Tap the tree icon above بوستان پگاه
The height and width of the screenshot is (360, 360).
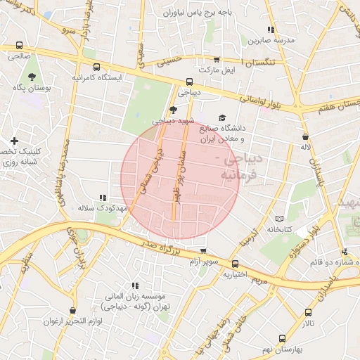(x=32, y=76)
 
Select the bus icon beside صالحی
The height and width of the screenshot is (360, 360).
(x=19, y=46)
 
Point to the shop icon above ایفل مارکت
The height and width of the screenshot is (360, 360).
(x=217, y=60)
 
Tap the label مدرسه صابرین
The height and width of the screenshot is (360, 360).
(x=269, y=40)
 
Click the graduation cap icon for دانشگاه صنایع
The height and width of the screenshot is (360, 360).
(x=223, y=118)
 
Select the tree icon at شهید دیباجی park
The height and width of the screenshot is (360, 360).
(x=174, y=110)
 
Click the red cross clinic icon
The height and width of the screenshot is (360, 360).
(x=14, y=141)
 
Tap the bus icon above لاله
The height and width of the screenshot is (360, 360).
(x=304, y=136)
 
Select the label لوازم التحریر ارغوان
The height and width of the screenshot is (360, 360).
(x=73, y=321)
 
